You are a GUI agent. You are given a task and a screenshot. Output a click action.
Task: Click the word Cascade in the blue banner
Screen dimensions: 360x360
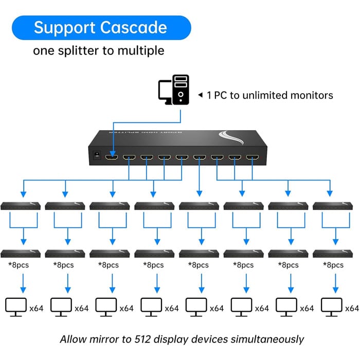point(134,28)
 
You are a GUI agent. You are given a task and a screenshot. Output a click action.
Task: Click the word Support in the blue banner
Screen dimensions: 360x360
point(65,28)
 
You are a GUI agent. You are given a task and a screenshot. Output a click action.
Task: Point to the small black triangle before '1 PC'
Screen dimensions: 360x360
point(201,95)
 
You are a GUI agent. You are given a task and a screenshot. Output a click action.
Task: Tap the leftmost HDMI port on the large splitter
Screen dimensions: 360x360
point(112,157)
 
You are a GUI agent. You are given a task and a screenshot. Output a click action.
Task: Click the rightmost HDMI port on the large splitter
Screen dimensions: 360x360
point(253,157)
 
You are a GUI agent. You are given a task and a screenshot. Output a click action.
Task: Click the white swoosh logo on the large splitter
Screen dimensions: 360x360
point(231,137)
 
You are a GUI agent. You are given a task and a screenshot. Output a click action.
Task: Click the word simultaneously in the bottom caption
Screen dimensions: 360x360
point(267,339)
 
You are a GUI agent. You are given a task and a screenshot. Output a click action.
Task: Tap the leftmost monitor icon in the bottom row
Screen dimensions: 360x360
point(16,307)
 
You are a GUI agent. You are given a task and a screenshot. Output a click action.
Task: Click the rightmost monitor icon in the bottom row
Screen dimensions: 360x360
point(332,307)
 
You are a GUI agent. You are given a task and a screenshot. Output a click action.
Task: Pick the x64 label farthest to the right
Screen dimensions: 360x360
point(352,309)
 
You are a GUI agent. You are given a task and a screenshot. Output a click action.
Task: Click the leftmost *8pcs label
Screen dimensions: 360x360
point(19,265)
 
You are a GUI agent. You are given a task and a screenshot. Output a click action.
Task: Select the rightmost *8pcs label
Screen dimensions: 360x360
point(333,265)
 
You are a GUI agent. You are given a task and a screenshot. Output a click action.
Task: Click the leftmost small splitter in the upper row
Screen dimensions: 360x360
point(21,206)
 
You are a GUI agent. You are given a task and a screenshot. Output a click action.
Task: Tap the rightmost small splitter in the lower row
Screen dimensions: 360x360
point(333,254)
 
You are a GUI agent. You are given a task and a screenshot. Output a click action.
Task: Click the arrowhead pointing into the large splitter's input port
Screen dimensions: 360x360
point(113,154)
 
